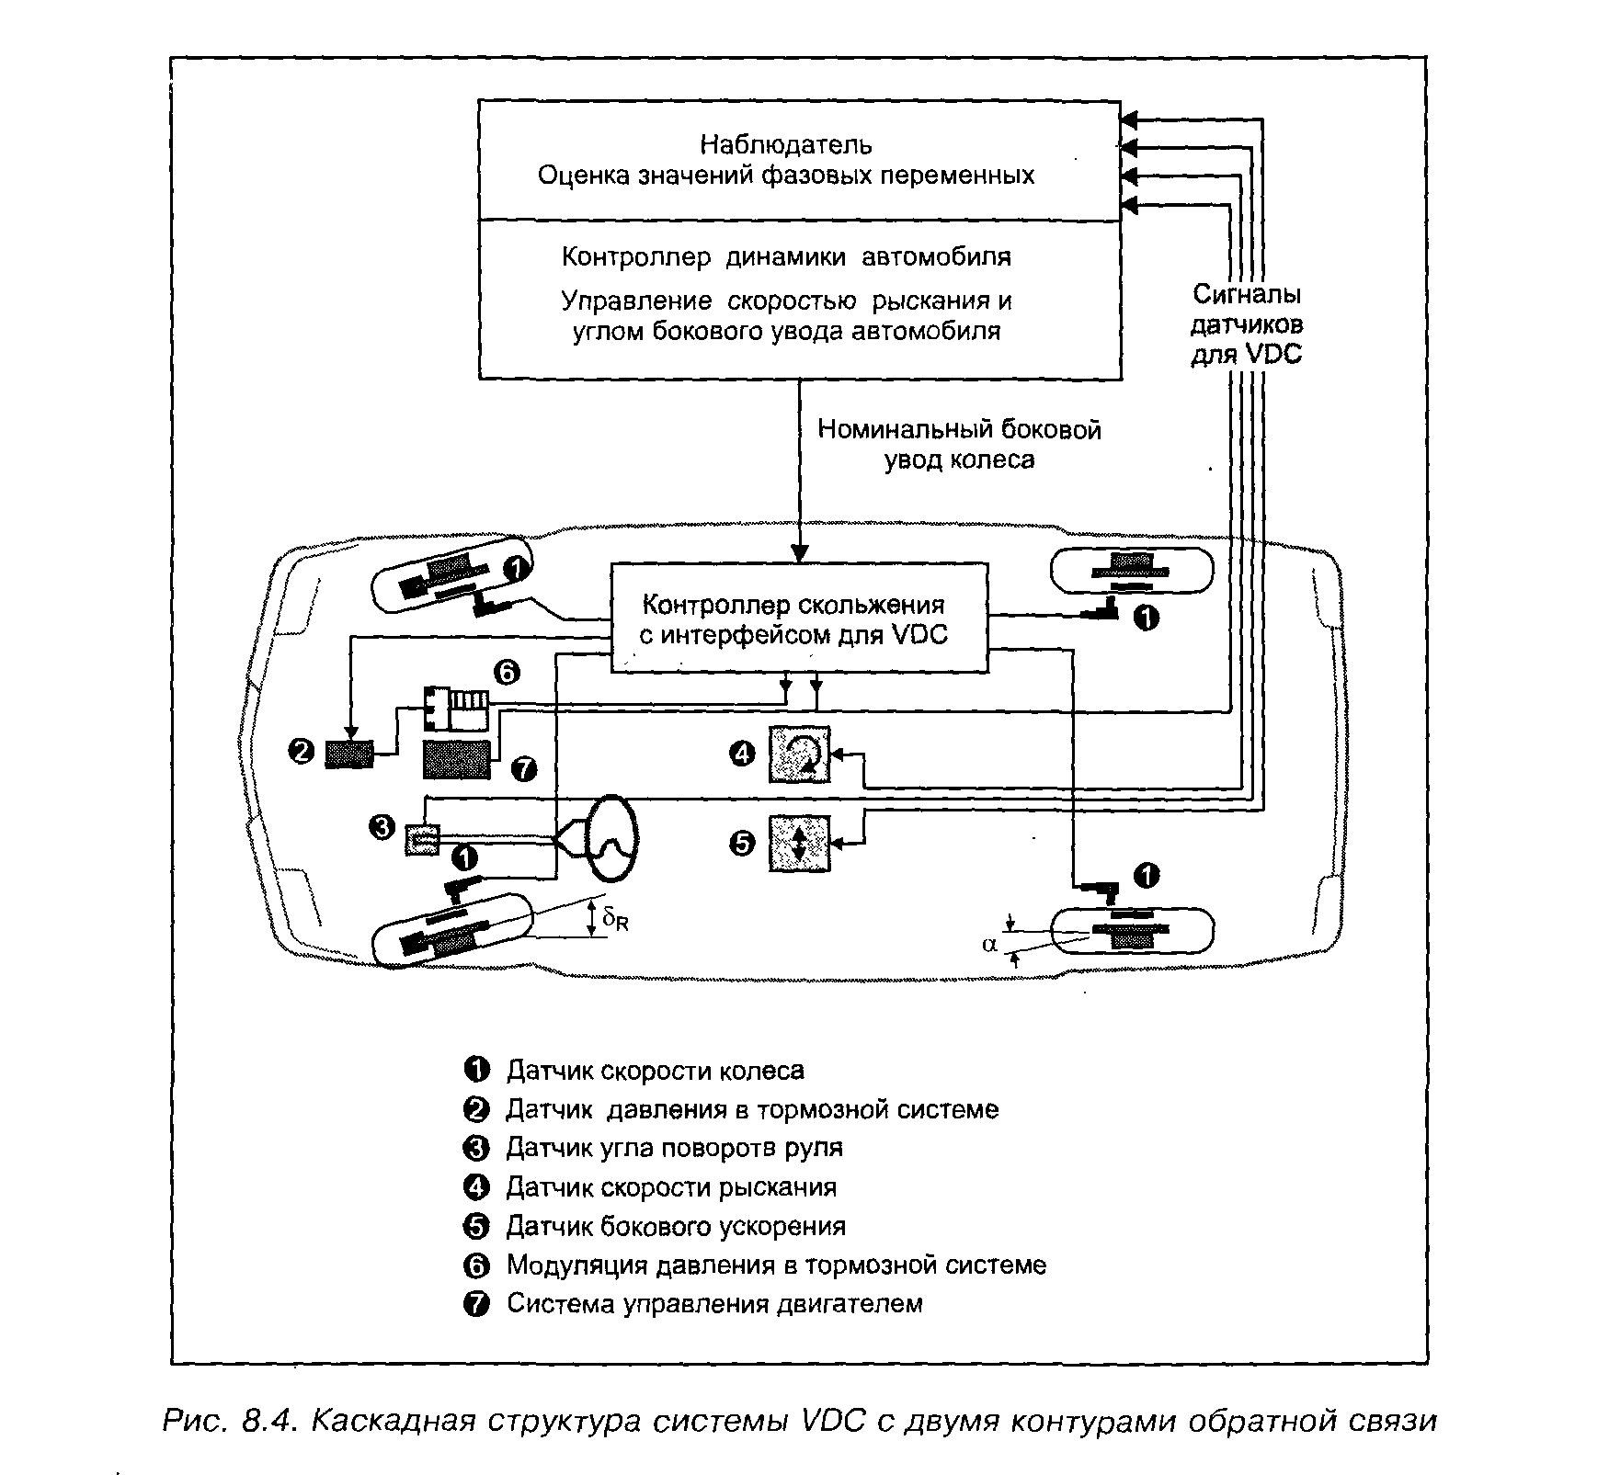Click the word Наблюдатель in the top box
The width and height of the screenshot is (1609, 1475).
786,144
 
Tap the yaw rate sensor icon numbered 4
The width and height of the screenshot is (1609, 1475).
798,755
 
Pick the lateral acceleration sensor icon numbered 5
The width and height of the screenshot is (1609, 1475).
798,843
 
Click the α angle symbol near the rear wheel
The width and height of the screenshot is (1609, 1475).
989,944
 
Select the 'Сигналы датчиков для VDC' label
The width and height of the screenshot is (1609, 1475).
1246,324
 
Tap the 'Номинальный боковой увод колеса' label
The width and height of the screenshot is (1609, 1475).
959,445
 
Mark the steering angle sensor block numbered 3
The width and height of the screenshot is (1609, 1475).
422,839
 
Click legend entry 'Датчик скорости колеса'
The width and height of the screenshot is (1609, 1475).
655,1071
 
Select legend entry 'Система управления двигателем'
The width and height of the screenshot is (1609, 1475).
714,1303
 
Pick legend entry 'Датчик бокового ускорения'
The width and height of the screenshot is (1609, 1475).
676,1226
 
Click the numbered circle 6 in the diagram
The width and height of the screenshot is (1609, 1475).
506,674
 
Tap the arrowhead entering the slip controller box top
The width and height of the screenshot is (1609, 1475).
799,553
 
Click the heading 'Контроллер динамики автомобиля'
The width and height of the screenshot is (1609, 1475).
786,256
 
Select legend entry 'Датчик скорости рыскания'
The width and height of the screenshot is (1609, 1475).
671,1187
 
